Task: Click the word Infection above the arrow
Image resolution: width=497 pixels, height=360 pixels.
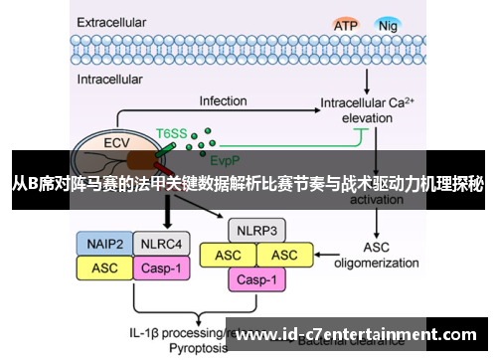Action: (223, 100)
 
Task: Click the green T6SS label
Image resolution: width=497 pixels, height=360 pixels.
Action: (171, 132)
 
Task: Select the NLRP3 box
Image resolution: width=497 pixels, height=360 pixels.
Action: (256, 231)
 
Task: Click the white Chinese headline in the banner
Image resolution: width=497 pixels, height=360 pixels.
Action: (248, 182)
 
